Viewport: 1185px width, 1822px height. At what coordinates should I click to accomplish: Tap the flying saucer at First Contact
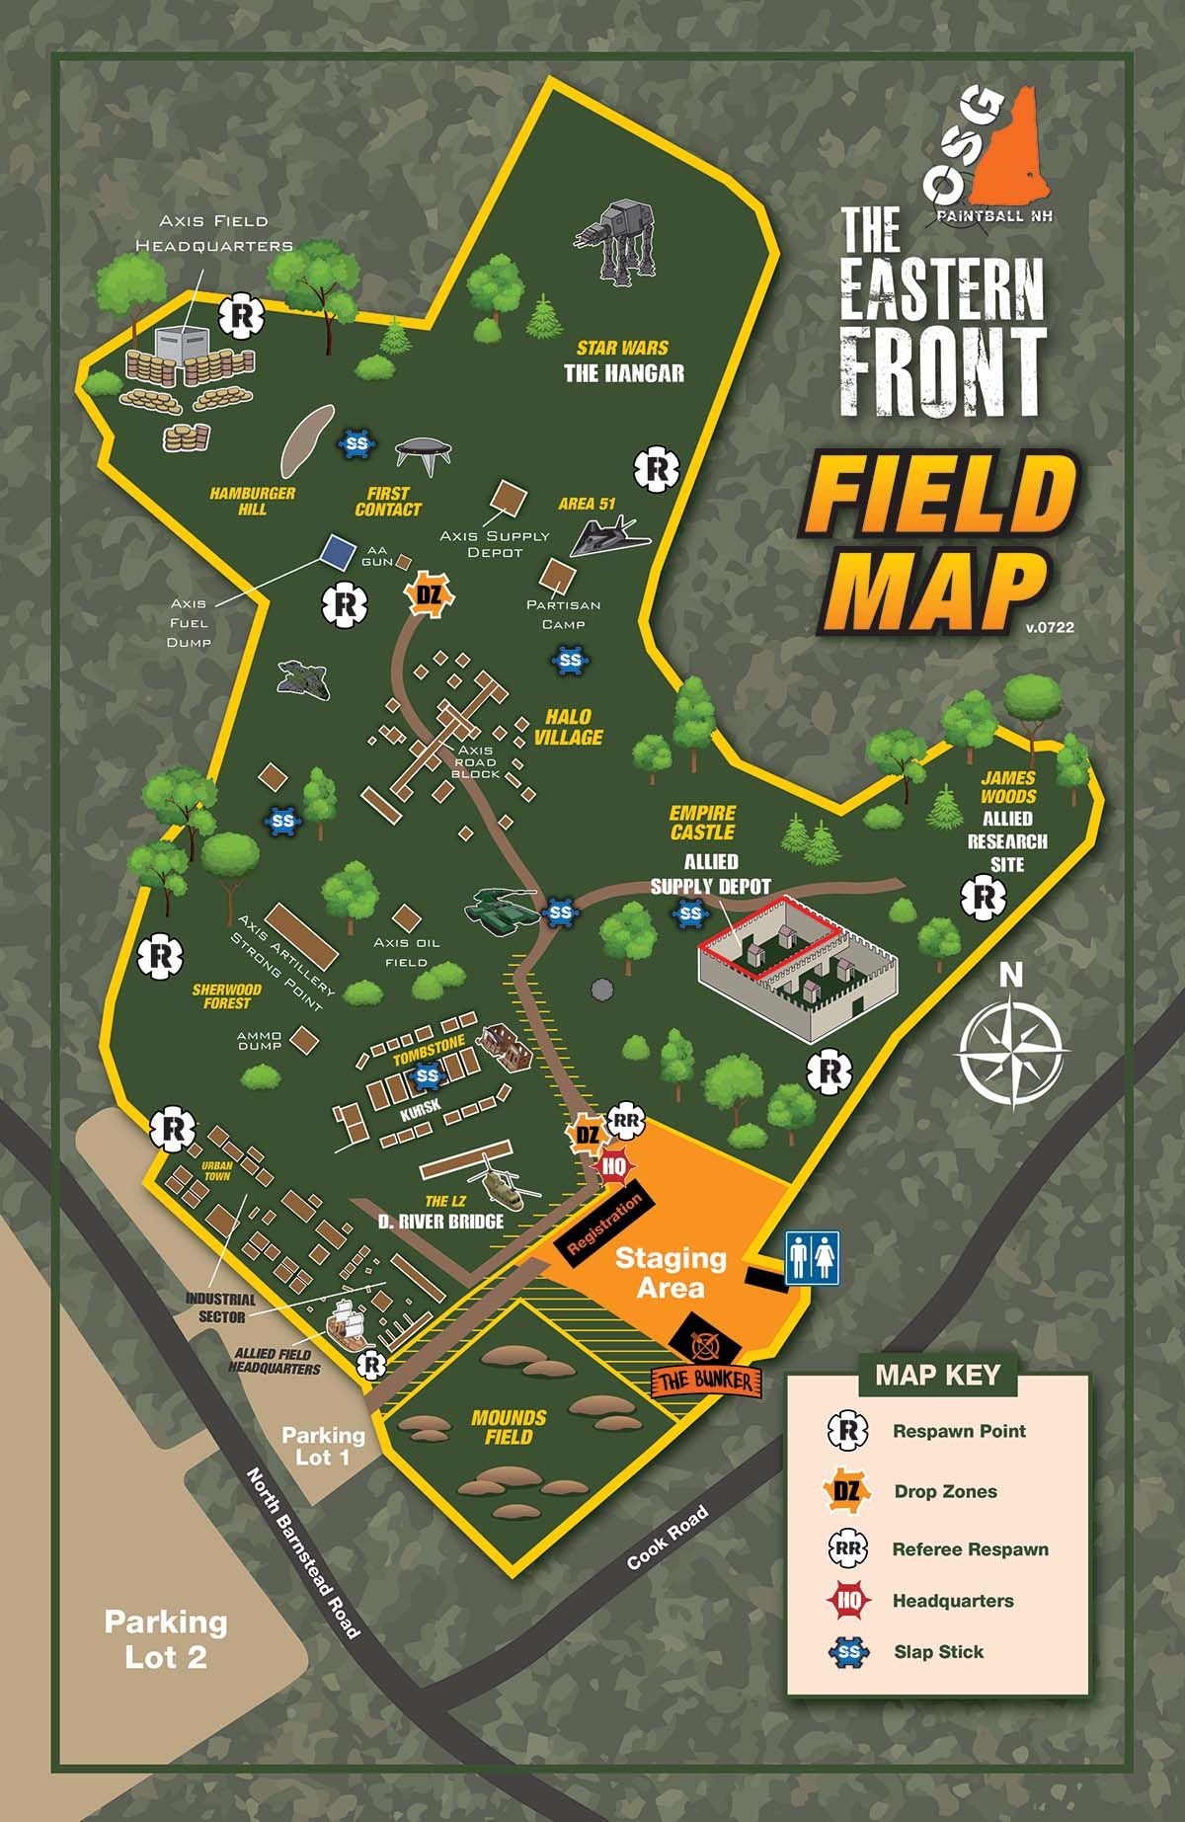pos(424,451)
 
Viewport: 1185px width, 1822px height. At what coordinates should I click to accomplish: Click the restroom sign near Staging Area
pos(812,1257)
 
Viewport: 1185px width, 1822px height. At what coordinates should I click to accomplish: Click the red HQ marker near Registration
pos(614,1165)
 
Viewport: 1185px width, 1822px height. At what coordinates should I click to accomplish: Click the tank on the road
pos(503,906)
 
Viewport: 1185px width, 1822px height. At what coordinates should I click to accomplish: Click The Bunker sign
pos(707,1380)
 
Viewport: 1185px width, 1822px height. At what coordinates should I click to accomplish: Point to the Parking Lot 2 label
pos(166,1639)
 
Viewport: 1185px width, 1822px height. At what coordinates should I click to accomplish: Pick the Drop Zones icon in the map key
pos(847,1491)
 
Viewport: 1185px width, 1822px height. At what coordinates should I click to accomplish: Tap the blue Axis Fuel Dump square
pos(338,551)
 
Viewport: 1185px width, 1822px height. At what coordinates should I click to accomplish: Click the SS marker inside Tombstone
pos(428,1075)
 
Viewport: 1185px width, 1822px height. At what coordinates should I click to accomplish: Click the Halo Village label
pos(569,727)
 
